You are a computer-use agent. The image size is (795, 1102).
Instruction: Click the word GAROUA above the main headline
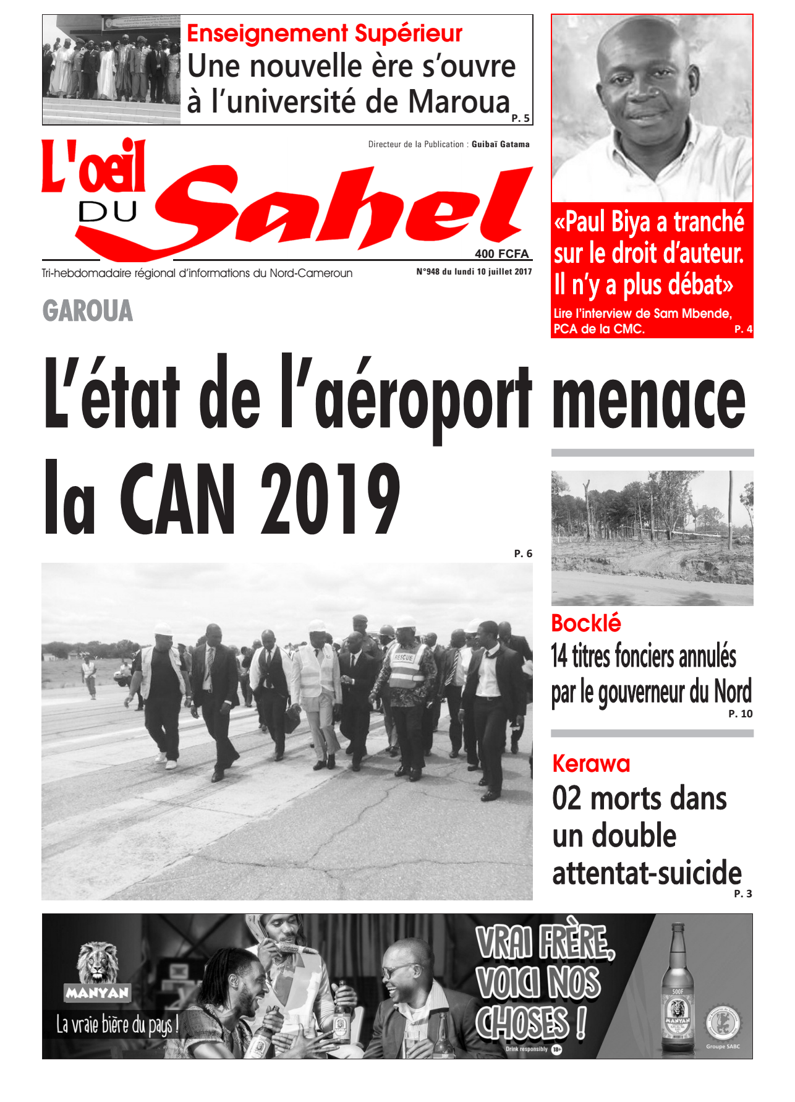(88, 310)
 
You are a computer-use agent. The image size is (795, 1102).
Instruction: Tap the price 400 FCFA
(501, 254)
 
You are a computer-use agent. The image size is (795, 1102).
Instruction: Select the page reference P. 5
(521, 118)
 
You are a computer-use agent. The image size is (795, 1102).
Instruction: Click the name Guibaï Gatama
(500, 144)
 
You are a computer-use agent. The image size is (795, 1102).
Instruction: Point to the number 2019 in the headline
(330, 498)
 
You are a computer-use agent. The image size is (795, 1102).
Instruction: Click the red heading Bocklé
(585, 623)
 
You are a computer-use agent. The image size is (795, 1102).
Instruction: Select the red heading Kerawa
(591, 764)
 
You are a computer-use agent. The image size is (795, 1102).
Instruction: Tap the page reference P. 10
(741, 714)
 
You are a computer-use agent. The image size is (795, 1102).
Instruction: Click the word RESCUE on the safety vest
(403, 657)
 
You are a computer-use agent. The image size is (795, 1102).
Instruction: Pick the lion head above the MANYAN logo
(98, 962)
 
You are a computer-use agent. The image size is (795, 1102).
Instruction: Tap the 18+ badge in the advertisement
(556, 1049)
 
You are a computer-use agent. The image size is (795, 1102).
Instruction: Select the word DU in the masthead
(108, 212)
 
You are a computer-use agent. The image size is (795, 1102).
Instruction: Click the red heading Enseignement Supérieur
(325, 33)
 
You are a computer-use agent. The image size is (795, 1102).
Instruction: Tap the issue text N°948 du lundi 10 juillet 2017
(474, 271)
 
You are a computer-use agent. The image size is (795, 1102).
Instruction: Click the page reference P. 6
(523, 553)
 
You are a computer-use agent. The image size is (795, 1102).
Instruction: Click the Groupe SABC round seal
(723, 1023)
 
